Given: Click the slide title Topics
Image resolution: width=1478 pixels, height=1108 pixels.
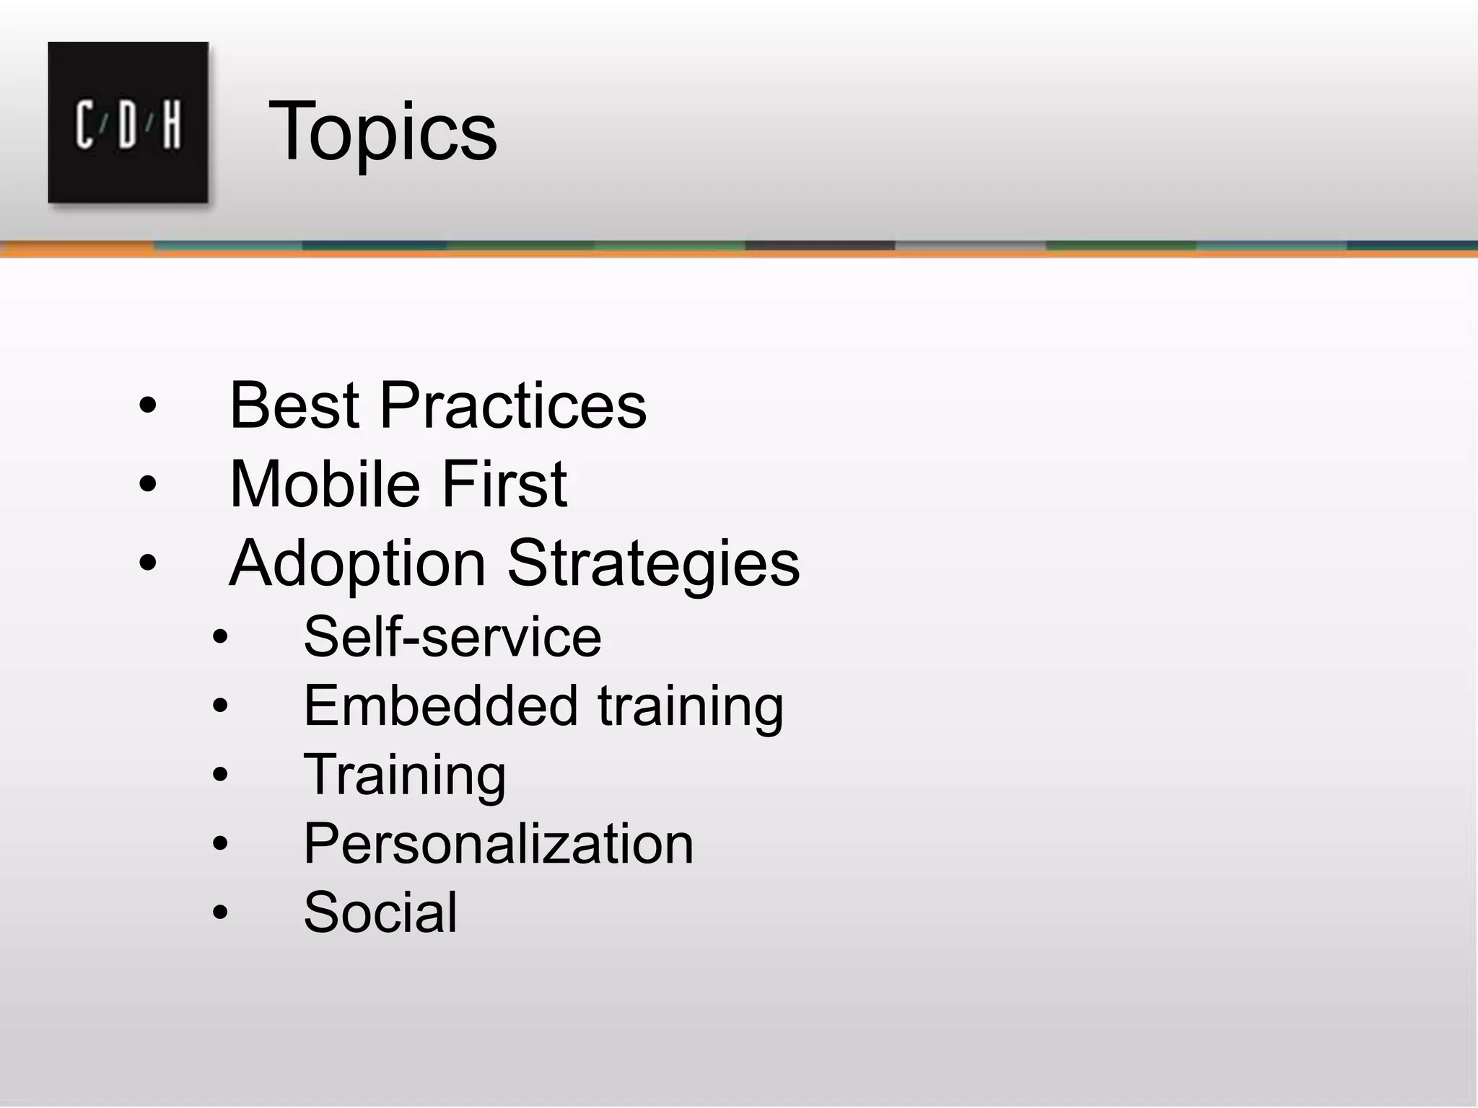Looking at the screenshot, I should click(382, 132).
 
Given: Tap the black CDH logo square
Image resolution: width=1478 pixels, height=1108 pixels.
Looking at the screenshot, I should click(128, 122).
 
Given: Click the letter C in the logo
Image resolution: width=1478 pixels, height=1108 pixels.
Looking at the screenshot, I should click(85, 125).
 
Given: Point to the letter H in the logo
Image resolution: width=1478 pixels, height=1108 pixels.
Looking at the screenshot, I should click(171, 125).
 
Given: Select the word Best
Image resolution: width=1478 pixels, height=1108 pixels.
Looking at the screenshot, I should click(294, 405).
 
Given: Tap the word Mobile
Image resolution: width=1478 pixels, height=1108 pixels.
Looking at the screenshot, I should click(325, 484).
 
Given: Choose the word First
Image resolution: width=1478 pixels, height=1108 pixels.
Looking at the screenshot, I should click(504, 484).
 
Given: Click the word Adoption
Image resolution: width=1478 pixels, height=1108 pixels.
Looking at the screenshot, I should click(357, 563).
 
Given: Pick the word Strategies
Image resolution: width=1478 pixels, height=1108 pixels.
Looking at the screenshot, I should click(654, 563).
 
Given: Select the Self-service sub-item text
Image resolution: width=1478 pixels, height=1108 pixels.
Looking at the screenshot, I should click(452, 637).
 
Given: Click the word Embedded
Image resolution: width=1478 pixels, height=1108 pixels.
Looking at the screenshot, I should click(441, 705).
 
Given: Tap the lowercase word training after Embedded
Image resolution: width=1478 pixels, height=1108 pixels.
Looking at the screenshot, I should click(691, 707).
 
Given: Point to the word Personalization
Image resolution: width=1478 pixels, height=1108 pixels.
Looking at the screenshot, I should click(499, 843).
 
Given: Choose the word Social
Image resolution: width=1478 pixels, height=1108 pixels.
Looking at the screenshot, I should click(380, 912).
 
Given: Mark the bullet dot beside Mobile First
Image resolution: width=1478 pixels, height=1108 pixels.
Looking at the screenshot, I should click(147, 485).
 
